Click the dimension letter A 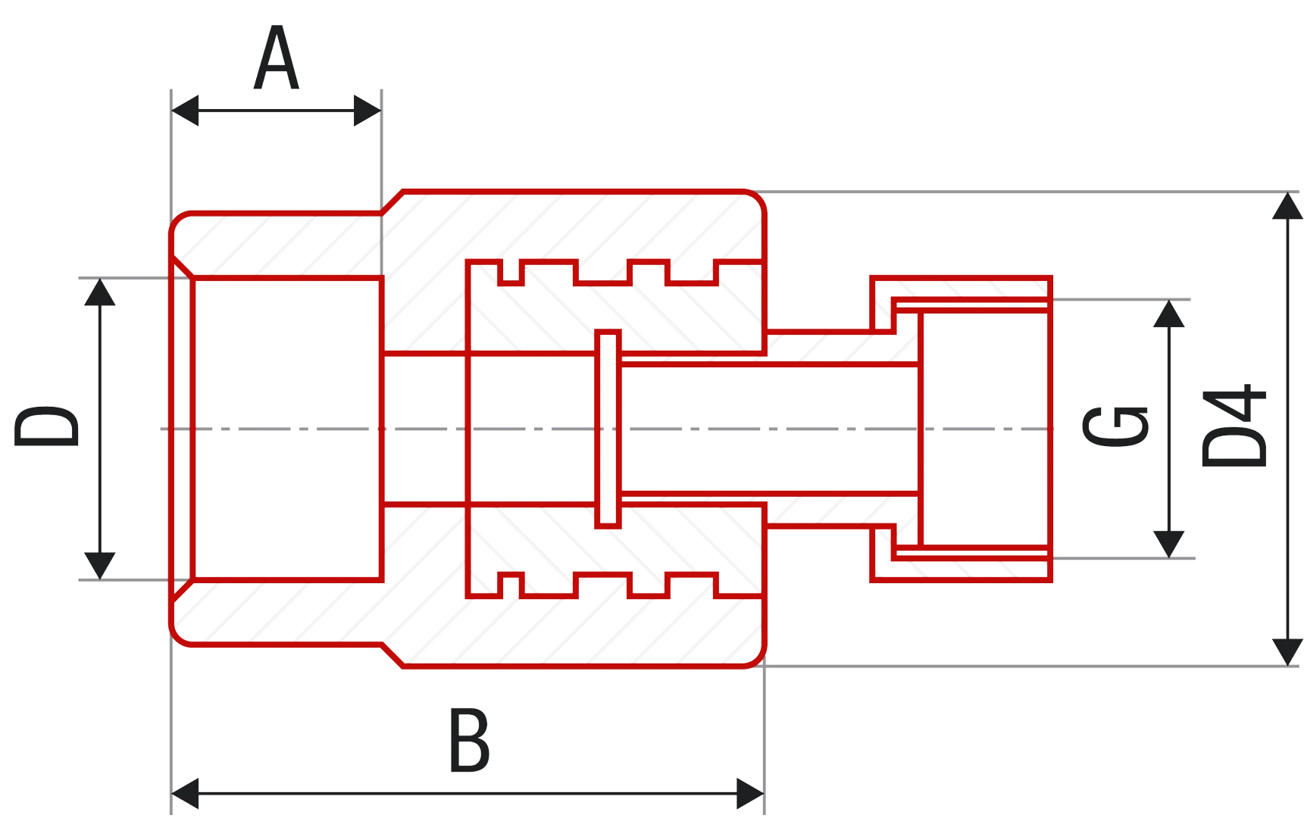277,59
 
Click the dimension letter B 469,740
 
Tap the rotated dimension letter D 46,428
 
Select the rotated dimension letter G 1115,428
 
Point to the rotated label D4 1234,426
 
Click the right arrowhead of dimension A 367,111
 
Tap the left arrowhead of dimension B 186,793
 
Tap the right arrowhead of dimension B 749,793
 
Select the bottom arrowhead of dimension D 99,565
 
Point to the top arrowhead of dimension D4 1286,208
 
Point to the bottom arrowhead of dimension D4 1286,651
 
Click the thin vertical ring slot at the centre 607,429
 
